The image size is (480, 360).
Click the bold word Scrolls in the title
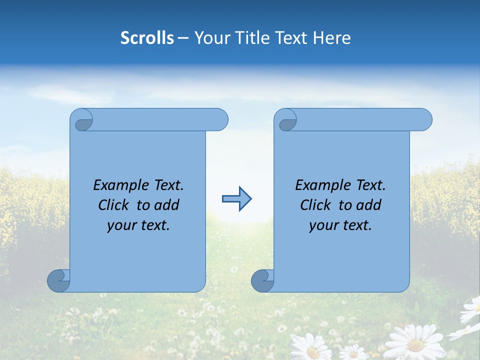[147, 38]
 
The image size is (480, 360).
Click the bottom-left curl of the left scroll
[58, 280]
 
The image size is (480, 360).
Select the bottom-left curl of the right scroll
[262, 280]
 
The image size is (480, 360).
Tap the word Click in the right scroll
[315, 205]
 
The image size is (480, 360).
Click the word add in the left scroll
[167, 205]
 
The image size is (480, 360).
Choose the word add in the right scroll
[369, 205]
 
